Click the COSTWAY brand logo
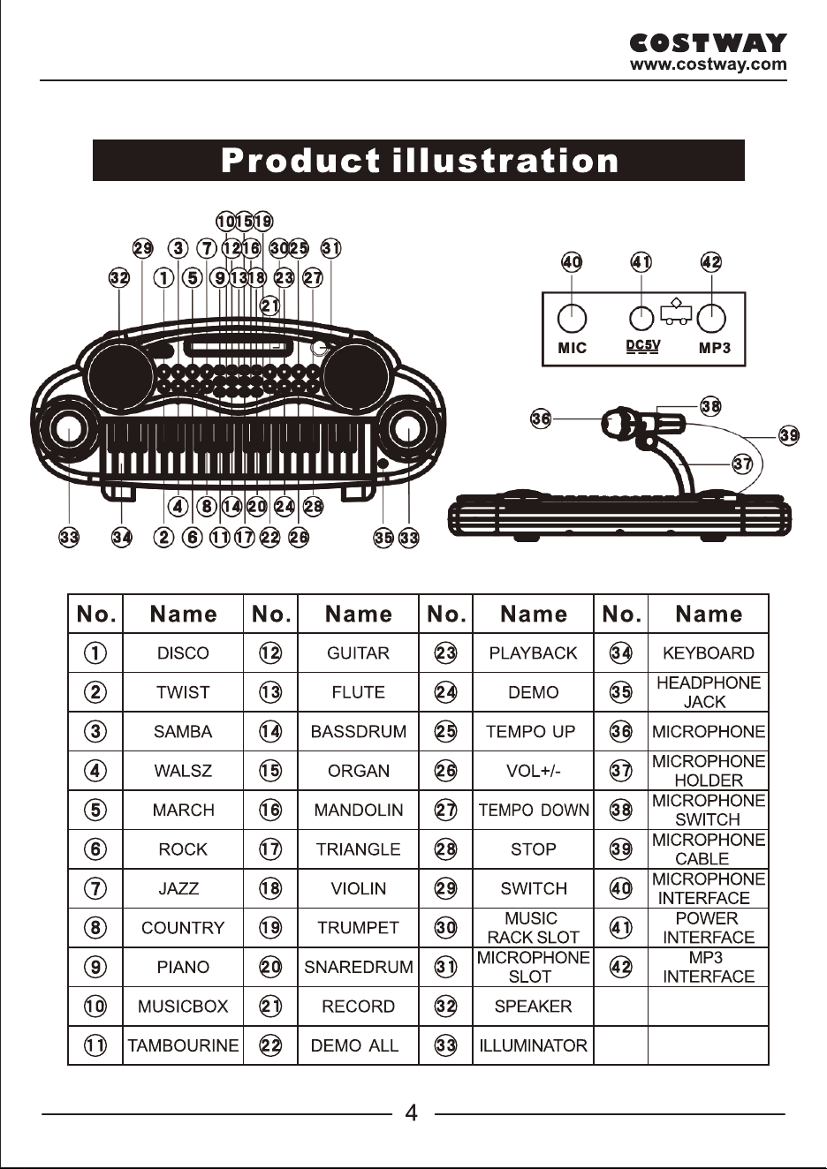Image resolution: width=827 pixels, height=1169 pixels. [708, 42]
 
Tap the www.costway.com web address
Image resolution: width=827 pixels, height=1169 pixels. [708, 64]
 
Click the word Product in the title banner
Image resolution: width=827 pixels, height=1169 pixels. [300, 160]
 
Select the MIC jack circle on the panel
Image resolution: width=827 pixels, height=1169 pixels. [573, 318]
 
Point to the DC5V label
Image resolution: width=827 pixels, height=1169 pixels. [642, 346]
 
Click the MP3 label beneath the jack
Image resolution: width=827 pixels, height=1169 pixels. [714, 348]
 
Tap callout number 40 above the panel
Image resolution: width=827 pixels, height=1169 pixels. [572, 261]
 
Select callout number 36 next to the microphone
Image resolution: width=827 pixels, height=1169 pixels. [541, 418]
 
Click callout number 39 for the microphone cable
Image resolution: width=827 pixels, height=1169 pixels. [789, 434]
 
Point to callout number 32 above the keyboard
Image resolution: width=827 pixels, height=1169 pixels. [119, 277]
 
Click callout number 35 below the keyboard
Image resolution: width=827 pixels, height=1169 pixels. [383, 538]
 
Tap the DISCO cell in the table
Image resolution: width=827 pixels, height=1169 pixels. [183, 652]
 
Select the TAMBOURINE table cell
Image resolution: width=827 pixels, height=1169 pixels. [183, 1045]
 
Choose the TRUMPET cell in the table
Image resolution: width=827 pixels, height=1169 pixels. [358, 927]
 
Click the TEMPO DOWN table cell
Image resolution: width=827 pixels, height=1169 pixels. [533, 810]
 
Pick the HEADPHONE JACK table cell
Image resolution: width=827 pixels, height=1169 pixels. [709, 692]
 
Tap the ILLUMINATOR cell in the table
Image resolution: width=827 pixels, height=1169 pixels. [533, 1045]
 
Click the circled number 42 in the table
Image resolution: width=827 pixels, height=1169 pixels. [621, 967]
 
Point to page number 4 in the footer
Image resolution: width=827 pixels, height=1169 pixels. [412, 1112]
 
